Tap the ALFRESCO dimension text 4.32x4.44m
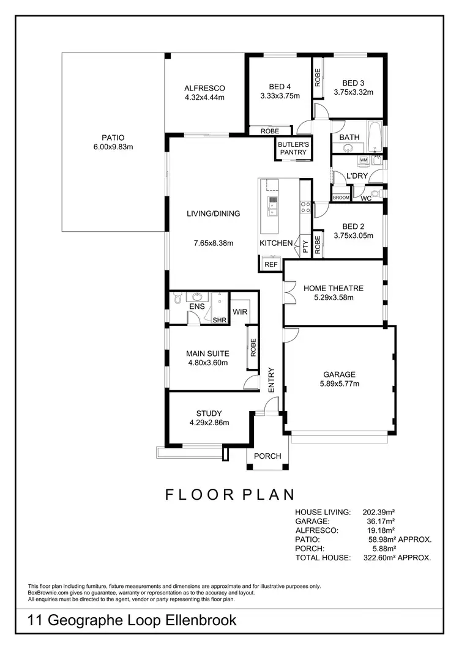click(x=204, y=97)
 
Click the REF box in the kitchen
click(x=271, y=264)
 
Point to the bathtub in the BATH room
click(x=377, y=138)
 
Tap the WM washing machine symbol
click(x=364, y=160)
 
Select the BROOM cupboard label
click(x=341, y=198)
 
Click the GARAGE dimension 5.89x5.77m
click(x=339, y=384)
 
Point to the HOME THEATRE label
click(x=334, y=288)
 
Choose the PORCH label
click(x=267, y=456)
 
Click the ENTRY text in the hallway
click(x=272, y=380)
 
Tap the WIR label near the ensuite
click(x=239, y=311)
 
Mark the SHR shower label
click(x=219, y=320)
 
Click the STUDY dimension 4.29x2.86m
click(x=209, y=423)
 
